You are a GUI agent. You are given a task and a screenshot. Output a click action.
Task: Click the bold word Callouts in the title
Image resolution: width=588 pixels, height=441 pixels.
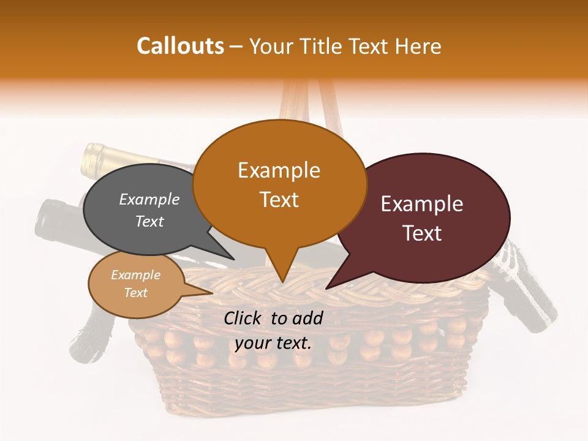180,46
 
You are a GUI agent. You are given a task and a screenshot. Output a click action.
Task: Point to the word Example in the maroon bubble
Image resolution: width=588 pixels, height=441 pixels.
422,204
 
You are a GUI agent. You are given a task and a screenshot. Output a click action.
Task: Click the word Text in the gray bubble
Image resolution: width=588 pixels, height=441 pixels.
149,222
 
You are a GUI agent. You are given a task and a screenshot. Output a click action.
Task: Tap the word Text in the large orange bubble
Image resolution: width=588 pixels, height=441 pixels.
279,200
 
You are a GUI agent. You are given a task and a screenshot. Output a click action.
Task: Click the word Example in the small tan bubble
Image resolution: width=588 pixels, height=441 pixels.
135,275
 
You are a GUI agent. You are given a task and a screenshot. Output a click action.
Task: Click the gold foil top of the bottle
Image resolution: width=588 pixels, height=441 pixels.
95,158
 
